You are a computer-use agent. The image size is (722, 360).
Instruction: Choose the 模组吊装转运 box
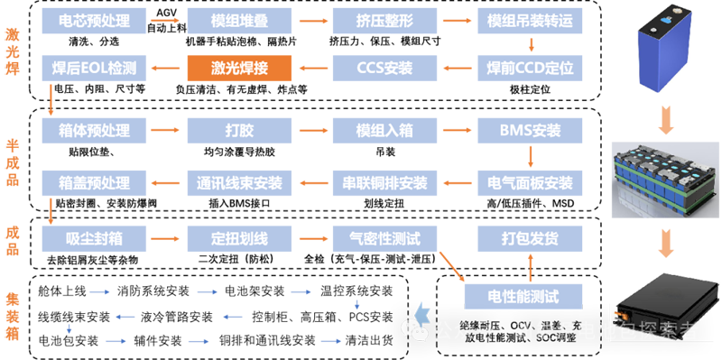tap(523, 20)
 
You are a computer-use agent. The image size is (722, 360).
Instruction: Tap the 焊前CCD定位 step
tap(523, 67)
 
